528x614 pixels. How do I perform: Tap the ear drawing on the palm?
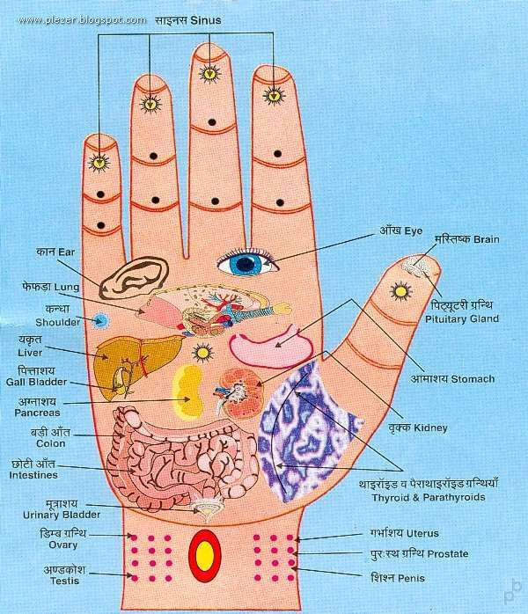coord(133,277)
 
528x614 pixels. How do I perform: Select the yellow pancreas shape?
coord(187,391)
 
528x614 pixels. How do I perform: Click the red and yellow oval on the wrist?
coord(205,556)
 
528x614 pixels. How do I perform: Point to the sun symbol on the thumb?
coord(400,291)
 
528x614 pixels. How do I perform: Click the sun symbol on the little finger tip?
coord(99,162)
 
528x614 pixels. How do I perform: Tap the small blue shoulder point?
coord(101,321)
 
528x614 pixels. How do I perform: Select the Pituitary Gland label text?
coord(462,318)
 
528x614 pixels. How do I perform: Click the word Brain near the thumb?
coord(486,239)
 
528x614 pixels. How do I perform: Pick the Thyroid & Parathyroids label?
coord(429,497)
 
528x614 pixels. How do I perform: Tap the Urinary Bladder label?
coord(62,515)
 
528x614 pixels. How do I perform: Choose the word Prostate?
coord(448,553)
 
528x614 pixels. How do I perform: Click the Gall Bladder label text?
coord(36,382)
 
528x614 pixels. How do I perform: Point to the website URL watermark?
coord(82,20)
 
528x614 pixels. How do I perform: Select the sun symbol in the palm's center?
coord(202,353)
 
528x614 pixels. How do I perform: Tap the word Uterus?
coord(422,533)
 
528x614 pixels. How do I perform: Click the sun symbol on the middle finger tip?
coord(209,73)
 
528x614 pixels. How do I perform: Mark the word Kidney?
coord(430,428)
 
